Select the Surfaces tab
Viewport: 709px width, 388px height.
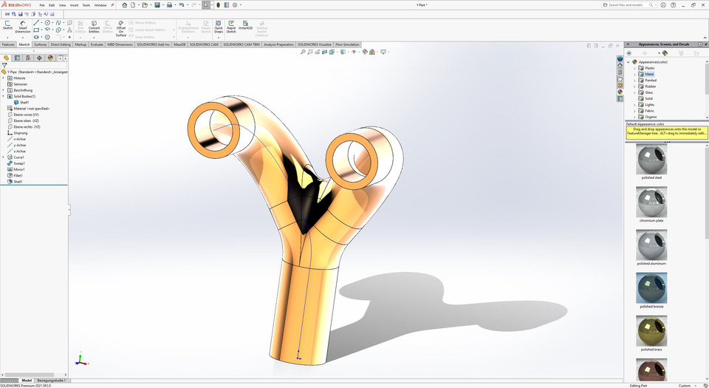(x=41, y=44)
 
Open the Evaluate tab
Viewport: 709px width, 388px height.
(x=97, y=44)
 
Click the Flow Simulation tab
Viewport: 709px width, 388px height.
(x=347, y=44)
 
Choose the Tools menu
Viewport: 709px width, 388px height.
(x=86, y=5)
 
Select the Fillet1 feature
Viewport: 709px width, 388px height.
(x=18, y=175)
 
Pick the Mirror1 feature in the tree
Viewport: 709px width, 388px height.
(x=18, y=169)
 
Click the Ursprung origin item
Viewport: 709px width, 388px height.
(x=20, y=133)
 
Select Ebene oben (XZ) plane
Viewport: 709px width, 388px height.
(x=27, y=120)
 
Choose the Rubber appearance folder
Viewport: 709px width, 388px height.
(x=650, y=86)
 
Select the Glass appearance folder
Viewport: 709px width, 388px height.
(x=648, y=92)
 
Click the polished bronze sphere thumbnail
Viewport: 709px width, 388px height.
(x=652, y=288)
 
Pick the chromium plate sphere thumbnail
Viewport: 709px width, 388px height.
(x=652, y=201)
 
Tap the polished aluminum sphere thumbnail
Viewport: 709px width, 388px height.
(x=652, y=244)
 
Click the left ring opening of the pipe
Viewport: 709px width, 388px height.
(x=214, y=126)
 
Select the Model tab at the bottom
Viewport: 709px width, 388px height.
(x=27, y=380)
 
